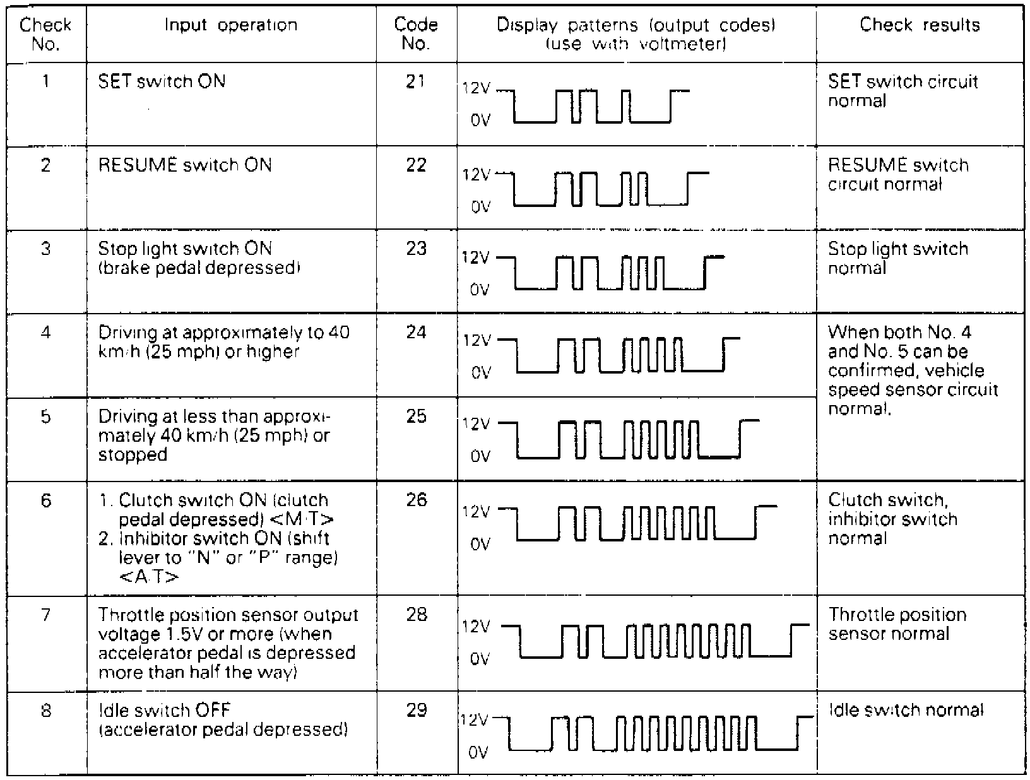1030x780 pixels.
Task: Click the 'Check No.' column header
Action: (x=45, y=34)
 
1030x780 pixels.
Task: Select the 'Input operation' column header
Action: (x=230, y=25)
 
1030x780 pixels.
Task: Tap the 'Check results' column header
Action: (x=920, y=25)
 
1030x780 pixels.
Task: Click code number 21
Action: (x=416, y=81)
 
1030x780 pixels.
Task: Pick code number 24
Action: (x=416, y=332)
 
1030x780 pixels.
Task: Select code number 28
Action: (x=416, y=615)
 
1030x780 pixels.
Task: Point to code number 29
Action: (x=416, y=711)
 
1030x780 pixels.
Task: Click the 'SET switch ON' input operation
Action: (x=162, y=81)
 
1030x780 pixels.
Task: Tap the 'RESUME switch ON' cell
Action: (x=185, y=165)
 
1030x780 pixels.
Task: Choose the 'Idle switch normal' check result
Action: (x=906, y=711)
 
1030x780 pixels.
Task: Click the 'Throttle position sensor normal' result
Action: (x=897, y=624)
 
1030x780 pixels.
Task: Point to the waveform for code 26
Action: (x=641, y=523)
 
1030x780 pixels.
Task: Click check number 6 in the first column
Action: (x=45, y=500)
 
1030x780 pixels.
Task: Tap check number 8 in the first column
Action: (x=45, y=711)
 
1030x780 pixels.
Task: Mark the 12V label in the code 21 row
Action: (x=475, y=89)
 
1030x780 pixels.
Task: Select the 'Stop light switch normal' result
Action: (x=897, y=258)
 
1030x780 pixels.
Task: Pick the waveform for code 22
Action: (x=609, y=189)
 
